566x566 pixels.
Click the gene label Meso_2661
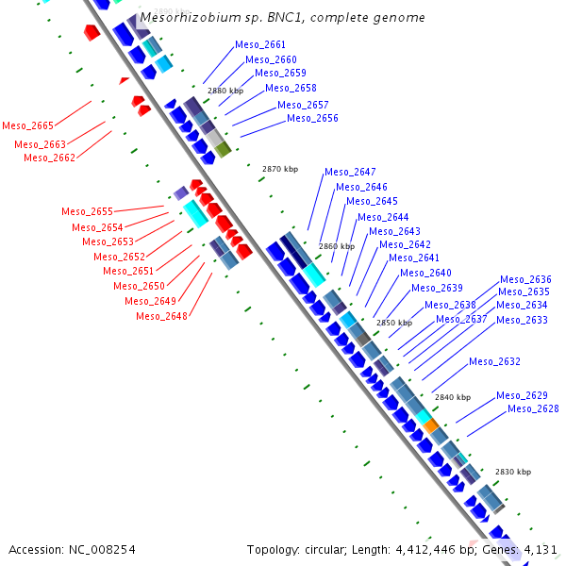pyautogui.click(x=261, y=44)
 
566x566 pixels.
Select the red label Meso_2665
pyautogui.click(x=27, y=125)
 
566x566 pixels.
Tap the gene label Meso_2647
pyautogui.click(x=350, y=172)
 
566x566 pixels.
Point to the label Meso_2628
pyautogui.click(x=533, y=408)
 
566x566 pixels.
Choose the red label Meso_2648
pyautogui.click(x=161, y=316)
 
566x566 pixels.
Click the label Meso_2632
pyautogui.click(x=494, y=361)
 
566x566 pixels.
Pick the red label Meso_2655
pyautogui.click(x=87, y=211)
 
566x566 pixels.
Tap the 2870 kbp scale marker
pyautogui.click(x=279, y=169)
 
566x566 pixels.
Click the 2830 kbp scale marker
pyautogui.click(x=512, y=472)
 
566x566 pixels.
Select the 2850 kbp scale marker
pyautogui.click(x=394, y=323)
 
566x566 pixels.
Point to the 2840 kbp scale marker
pyautogui.click(x=452, y=397)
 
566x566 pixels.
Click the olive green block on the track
pyautogui.click(x=223, y=149)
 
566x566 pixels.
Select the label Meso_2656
pyautogui.click(x=312, y=118)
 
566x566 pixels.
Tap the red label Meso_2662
pyautogui.click(x=49, y=158)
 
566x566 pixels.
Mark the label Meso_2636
pyautogui.click(x=525, y=279)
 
